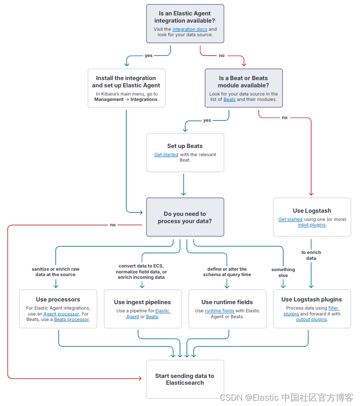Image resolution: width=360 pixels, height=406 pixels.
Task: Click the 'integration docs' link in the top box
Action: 189,29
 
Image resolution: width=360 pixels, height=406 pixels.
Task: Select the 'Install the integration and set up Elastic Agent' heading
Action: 126,81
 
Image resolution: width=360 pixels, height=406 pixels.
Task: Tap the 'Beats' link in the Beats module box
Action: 229,100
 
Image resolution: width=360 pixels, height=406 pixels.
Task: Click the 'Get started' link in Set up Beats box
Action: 166,155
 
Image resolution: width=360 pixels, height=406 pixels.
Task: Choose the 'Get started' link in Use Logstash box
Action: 290,220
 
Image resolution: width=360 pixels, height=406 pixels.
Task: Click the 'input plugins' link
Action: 311,225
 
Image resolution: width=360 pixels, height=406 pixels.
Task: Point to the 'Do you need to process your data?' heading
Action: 185,217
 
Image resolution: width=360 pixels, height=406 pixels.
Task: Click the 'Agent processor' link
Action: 61,314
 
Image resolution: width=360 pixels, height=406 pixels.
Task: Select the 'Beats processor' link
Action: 71,320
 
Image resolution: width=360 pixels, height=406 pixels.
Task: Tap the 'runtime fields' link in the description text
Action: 219,311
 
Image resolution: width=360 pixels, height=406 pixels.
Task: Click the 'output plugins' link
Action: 311,320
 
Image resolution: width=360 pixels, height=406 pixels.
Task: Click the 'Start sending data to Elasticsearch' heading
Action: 185,379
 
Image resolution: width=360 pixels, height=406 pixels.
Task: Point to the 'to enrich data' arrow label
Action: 311,255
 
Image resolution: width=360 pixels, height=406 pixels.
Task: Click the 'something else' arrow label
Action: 283,272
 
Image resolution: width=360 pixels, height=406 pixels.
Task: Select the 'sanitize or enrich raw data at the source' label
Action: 56,272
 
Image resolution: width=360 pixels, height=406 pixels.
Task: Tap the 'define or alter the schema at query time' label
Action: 227,272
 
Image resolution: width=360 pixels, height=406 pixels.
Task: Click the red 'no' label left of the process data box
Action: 113,224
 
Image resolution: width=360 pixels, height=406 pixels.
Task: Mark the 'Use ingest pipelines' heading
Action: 142,302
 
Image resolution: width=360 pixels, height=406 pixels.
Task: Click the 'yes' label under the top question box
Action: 148,56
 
